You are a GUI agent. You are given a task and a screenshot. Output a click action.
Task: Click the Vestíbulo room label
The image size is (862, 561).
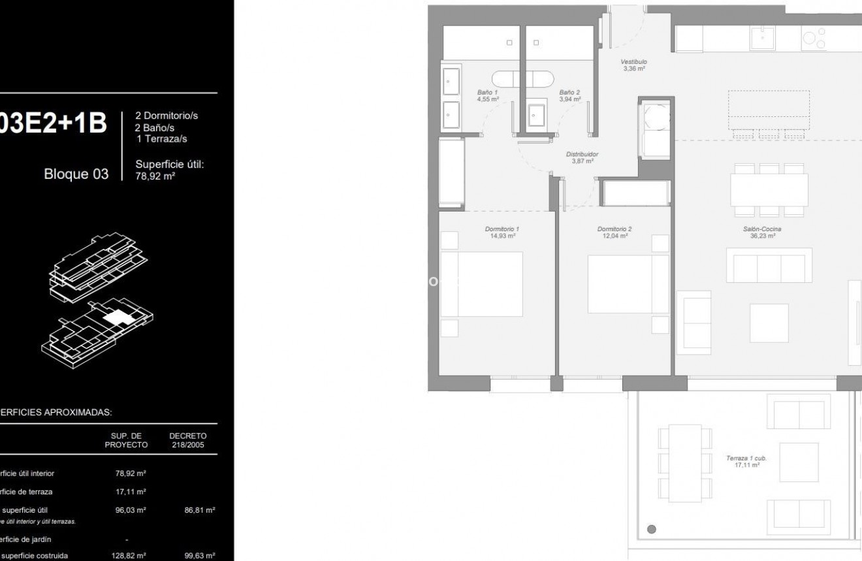click(x=633, y=65)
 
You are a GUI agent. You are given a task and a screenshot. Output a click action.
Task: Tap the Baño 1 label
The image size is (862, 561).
click(x=488, y=96)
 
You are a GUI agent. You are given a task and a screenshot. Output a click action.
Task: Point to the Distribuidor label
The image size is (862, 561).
click(x=582, y=157)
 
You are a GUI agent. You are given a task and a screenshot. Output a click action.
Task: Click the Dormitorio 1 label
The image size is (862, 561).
click(x=502, y=232)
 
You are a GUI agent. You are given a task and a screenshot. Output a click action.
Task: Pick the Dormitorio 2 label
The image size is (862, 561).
click(x=615, y=232)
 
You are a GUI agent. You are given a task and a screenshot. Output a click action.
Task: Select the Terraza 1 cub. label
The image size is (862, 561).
click(x=746, y=461)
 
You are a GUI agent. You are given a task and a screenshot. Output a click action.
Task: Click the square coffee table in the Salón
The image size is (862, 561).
click(x=769, y=323)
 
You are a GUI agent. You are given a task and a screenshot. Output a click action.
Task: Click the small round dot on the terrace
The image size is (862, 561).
click(x=651, y=529)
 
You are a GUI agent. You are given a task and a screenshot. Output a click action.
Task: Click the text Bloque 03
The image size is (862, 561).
click(x=76, y=174)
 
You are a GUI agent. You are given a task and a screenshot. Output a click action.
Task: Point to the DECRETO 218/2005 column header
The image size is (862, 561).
click(x=188, y=440)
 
